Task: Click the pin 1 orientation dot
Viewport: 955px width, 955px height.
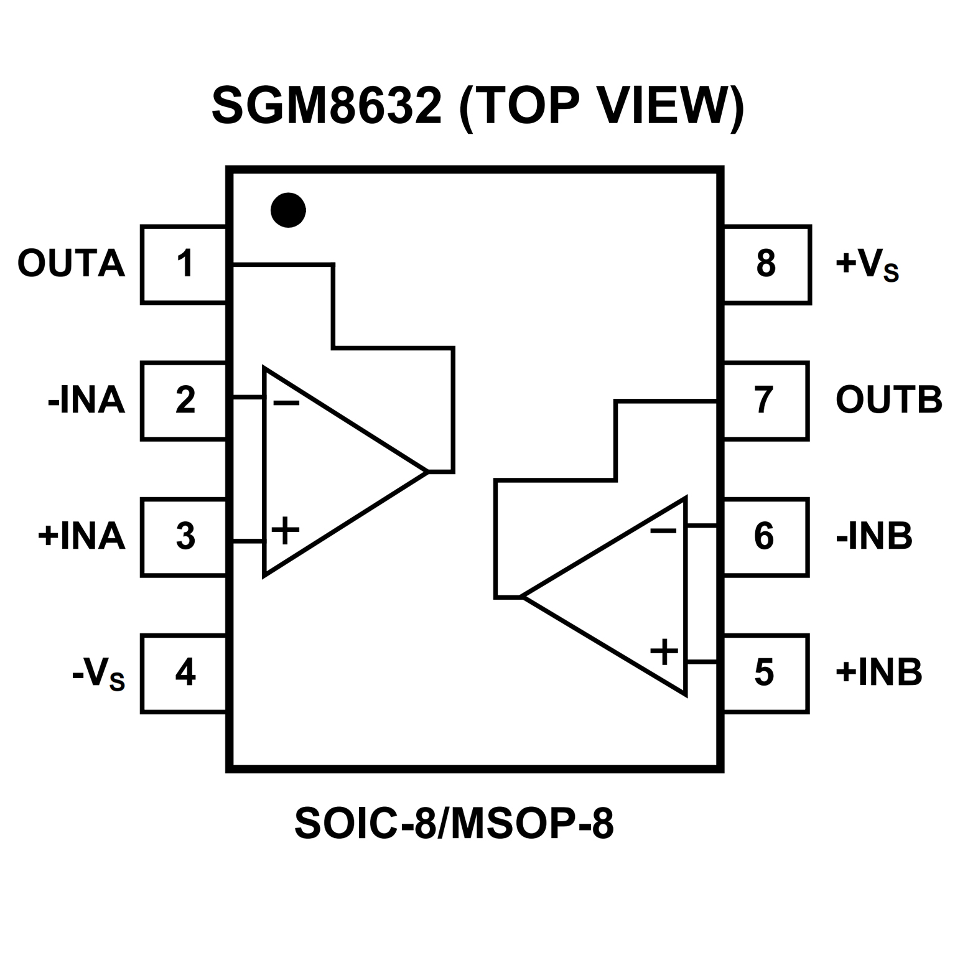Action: coord(288,210)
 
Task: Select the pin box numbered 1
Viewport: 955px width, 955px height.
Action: coord(184,264)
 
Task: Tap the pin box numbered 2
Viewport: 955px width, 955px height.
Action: coord(184,400)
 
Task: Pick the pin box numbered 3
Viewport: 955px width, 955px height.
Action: coord(184,536)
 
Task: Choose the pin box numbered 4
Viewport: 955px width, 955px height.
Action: coord(184,673)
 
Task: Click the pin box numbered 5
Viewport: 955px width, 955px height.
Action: coord(765,673)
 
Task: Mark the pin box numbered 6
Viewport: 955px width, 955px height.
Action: coord(765,536)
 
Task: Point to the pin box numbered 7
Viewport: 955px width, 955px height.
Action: coord(765,400)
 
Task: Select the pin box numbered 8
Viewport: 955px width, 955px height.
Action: coord(766,264)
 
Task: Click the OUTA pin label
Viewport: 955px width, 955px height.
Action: coord(71,264)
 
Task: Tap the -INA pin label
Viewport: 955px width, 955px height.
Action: coord(86,400)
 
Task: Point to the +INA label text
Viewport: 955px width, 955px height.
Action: coord(82,536)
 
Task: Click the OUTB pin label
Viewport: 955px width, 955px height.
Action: coord(888,400)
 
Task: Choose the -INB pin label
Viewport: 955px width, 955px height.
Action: coord(874,536)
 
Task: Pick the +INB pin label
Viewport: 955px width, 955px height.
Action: coord(878,673)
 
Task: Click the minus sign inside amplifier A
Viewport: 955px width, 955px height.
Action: coord(286,404)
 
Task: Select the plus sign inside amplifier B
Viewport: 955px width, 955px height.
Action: coord(664,652)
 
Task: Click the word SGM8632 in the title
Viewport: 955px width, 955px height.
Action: coord(327,106)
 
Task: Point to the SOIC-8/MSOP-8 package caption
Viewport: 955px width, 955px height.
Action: coord(454,824)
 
